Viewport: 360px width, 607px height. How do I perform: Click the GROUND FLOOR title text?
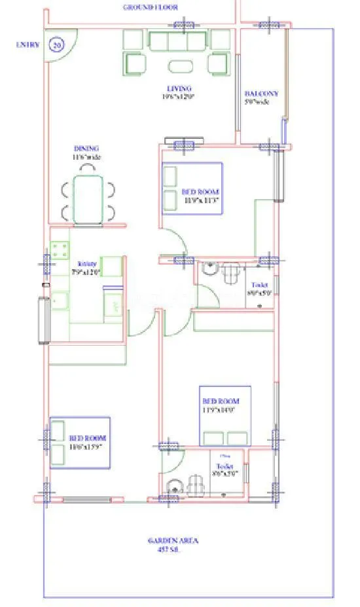point(150,8)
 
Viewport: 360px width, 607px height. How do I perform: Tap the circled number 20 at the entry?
point(58,45)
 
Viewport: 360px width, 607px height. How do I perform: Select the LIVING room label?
point(178,88)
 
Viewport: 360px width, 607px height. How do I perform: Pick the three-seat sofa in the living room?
point(177,41)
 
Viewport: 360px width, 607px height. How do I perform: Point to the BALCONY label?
point(261,94)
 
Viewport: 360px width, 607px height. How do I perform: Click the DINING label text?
point(86,149)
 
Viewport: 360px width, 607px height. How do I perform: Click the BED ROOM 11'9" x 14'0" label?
point(221,405)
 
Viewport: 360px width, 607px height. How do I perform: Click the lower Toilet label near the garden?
point(225,466)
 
